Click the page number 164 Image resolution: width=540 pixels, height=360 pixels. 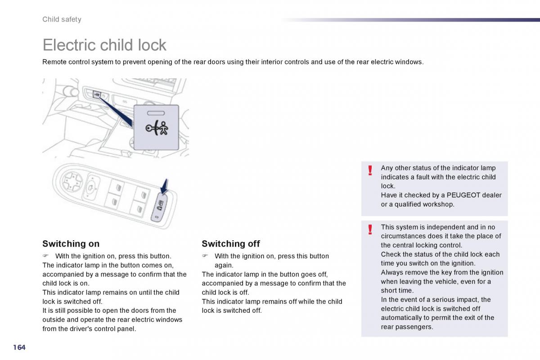pos(19,347)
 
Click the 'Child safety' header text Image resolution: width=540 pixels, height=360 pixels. pos(62,19)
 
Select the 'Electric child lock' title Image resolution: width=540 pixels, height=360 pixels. pos(104,45)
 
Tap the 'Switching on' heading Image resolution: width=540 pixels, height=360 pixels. pos(71,244)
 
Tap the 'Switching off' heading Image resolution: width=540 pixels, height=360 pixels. pos(231,244)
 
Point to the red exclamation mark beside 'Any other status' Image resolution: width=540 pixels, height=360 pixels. pos(370,171)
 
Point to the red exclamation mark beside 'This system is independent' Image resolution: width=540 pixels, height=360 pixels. pos(370,229)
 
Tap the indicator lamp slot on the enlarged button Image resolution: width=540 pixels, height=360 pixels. pos(156,113)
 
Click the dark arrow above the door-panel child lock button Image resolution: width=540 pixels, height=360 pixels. pos(164,186)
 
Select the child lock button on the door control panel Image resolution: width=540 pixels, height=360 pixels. pos(159,207)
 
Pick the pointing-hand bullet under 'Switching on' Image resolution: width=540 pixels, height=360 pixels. pos(45,256)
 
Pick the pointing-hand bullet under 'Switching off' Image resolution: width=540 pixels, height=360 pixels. pos(205,256)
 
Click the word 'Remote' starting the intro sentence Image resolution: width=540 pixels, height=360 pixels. pos(54,62)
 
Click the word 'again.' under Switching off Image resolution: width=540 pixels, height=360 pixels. pos(224,265)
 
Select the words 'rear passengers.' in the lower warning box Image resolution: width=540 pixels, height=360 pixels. pos(407,327)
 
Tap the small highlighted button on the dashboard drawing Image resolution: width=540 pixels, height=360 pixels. pos(97,94)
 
